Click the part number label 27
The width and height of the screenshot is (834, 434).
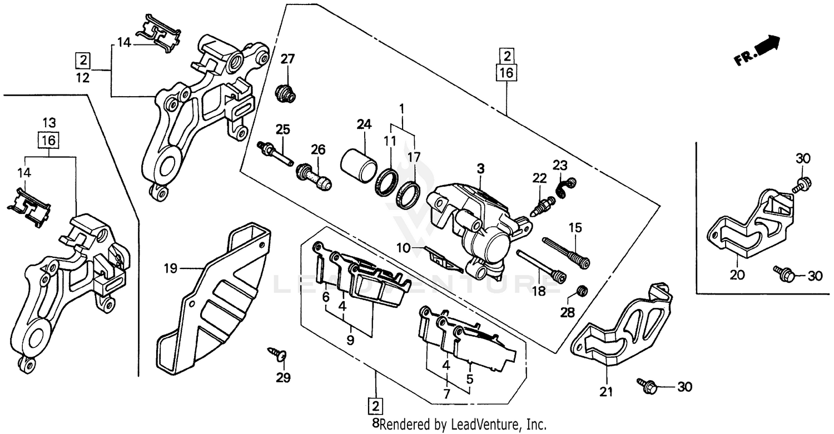287,59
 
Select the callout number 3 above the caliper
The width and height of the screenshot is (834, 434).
480,168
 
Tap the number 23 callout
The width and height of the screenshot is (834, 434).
559,164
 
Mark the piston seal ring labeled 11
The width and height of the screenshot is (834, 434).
388,182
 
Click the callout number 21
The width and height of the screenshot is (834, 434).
605,392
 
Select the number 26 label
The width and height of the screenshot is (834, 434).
317,149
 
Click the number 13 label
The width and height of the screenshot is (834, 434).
49,122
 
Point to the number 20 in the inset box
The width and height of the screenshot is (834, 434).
737,274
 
